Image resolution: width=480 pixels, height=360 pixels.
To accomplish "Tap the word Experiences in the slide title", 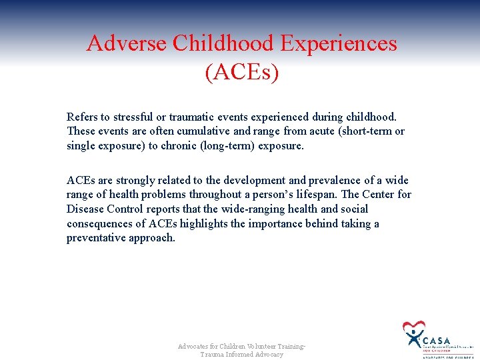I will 339,43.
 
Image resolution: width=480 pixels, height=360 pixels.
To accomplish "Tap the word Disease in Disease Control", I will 85,209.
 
